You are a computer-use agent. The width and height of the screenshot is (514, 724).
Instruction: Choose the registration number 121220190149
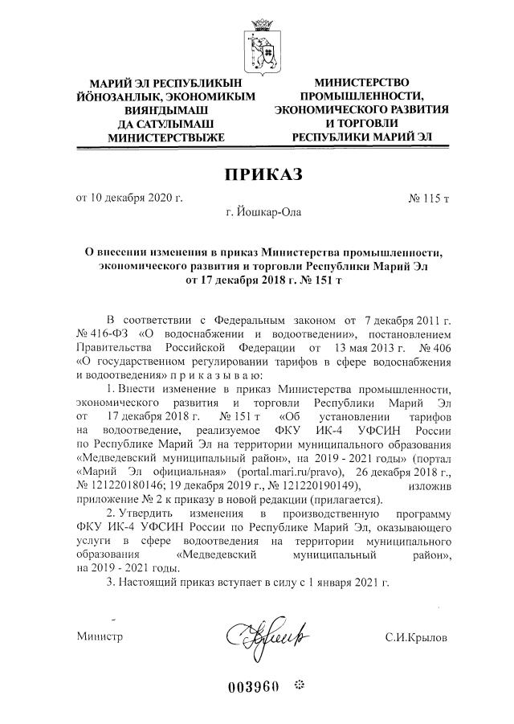tap(315, 485)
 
